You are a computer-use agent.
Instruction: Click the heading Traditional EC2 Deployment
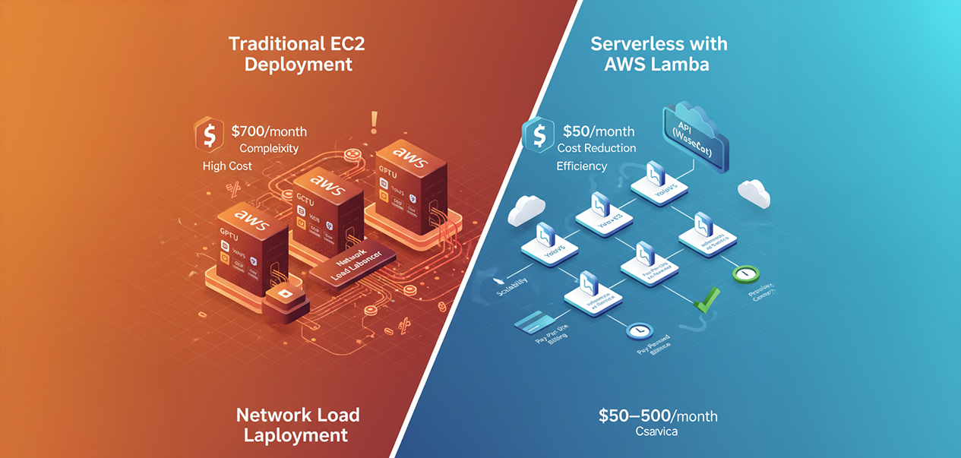tap(296, 54)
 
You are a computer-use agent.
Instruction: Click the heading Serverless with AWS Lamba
tap(658, 54)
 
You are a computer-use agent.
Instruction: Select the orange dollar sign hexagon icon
tap(208, 135)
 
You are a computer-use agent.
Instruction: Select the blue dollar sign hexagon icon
tap(537, 134)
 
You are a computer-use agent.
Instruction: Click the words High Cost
tap(227, 166)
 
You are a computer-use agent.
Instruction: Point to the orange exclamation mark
tap(374, 122)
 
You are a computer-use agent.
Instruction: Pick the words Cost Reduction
tap(596, 148)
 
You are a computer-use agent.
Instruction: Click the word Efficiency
tap(581, 166)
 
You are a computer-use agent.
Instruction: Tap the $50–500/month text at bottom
tap(657, 416)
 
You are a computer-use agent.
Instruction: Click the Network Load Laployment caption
tap(298, 425)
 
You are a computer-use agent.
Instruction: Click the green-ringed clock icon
tap(745, 274)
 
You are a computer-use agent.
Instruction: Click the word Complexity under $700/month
tap(269, 148)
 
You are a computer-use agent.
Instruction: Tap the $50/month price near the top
tap(599, 131)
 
